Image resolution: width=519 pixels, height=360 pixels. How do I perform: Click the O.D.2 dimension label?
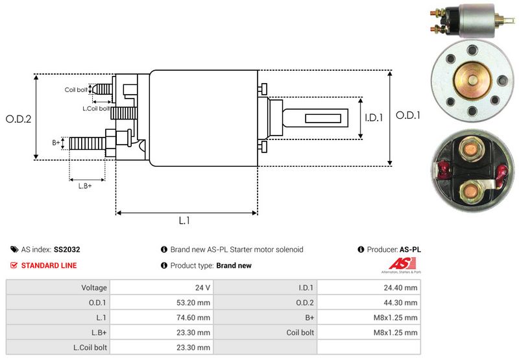(19, 119)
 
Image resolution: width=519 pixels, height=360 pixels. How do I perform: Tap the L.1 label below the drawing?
(184, 221)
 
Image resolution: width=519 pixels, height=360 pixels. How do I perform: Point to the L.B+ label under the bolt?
(85, 186)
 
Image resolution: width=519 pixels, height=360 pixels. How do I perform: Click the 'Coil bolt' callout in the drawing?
(76, 90)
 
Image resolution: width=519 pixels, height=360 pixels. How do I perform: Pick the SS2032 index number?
(67, 249)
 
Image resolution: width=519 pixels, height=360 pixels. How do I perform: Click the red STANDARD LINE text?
(49, 265)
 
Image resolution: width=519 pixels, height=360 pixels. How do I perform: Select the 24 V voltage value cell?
(203, 287)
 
